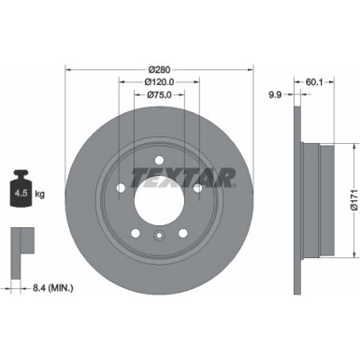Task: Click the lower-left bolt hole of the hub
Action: click(x=135, y=233)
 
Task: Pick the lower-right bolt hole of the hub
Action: click(x=185, y=233)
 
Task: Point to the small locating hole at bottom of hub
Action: click(x=160, y=239)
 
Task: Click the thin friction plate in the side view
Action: click(x=296, y=198)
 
